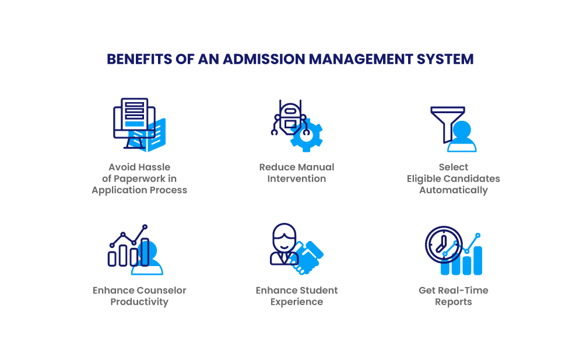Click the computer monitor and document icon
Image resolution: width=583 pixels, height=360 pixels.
(x=139, y=125)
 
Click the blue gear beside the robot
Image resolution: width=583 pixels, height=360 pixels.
(x=307, y=137)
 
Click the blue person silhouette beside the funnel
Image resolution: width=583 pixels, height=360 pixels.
(x=462, y=137)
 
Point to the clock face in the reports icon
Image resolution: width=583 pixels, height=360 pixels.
(x=444, y=244)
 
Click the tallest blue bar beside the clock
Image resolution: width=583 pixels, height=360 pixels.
(x=477, y=261)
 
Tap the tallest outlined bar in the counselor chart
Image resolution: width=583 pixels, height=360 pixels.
(x=145, y=252)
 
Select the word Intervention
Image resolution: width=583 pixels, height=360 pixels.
(x=297, y=179)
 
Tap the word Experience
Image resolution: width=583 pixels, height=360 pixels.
(x=297, y=302)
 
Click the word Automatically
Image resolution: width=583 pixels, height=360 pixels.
(x=454, y=190)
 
